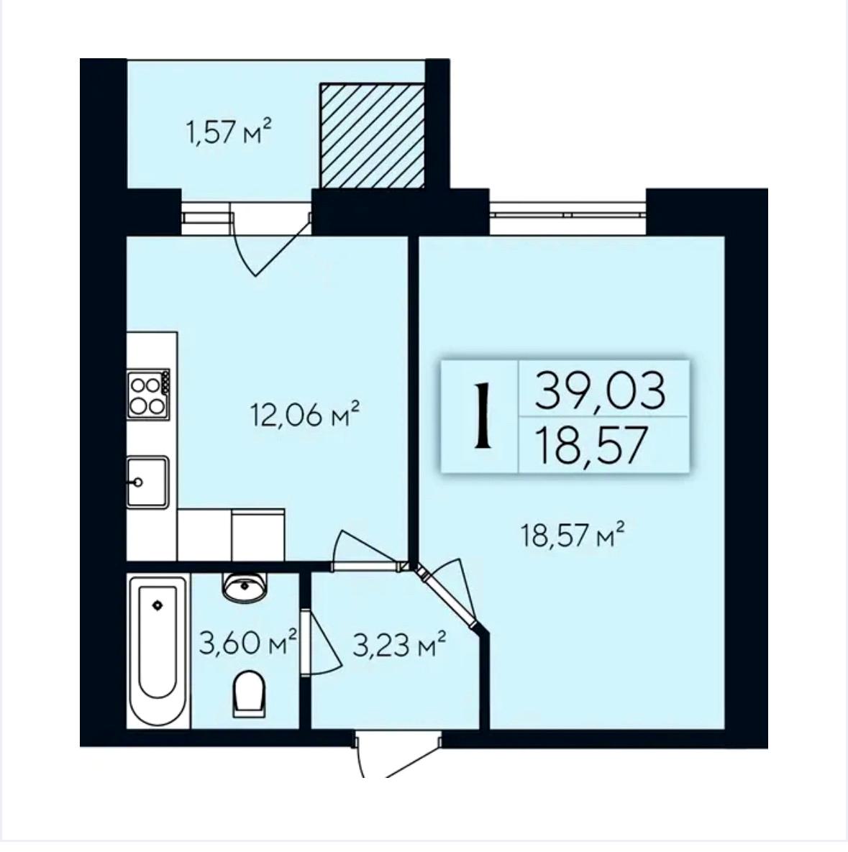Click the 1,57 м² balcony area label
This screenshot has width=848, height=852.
[x=228, y=132]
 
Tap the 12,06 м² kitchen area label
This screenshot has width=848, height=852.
[x=306, y=415]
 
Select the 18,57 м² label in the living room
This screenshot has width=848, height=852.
[x=572, y=535]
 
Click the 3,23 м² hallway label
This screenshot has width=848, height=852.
[x=400, y=645]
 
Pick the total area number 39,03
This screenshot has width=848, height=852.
[x=600, y=390]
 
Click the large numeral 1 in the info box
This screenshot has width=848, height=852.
[x=481, y=415]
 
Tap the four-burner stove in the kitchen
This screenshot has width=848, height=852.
[x=148, y=394]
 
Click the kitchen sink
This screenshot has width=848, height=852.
[x=147, y=482]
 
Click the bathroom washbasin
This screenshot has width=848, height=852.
[x=245, y=586]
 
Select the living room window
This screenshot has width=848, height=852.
[x=567, y=214]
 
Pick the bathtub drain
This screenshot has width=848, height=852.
[x=158, y=605]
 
